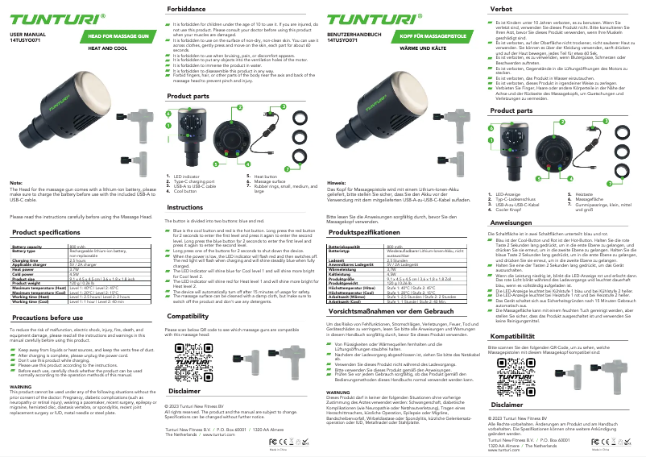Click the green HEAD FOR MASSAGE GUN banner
click(x=118, y=37)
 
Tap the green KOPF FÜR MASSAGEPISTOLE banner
click(x=436, y=37)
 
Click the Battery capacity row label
click(x=28, y=247)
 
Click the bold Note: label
click(x=15, y=183)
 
